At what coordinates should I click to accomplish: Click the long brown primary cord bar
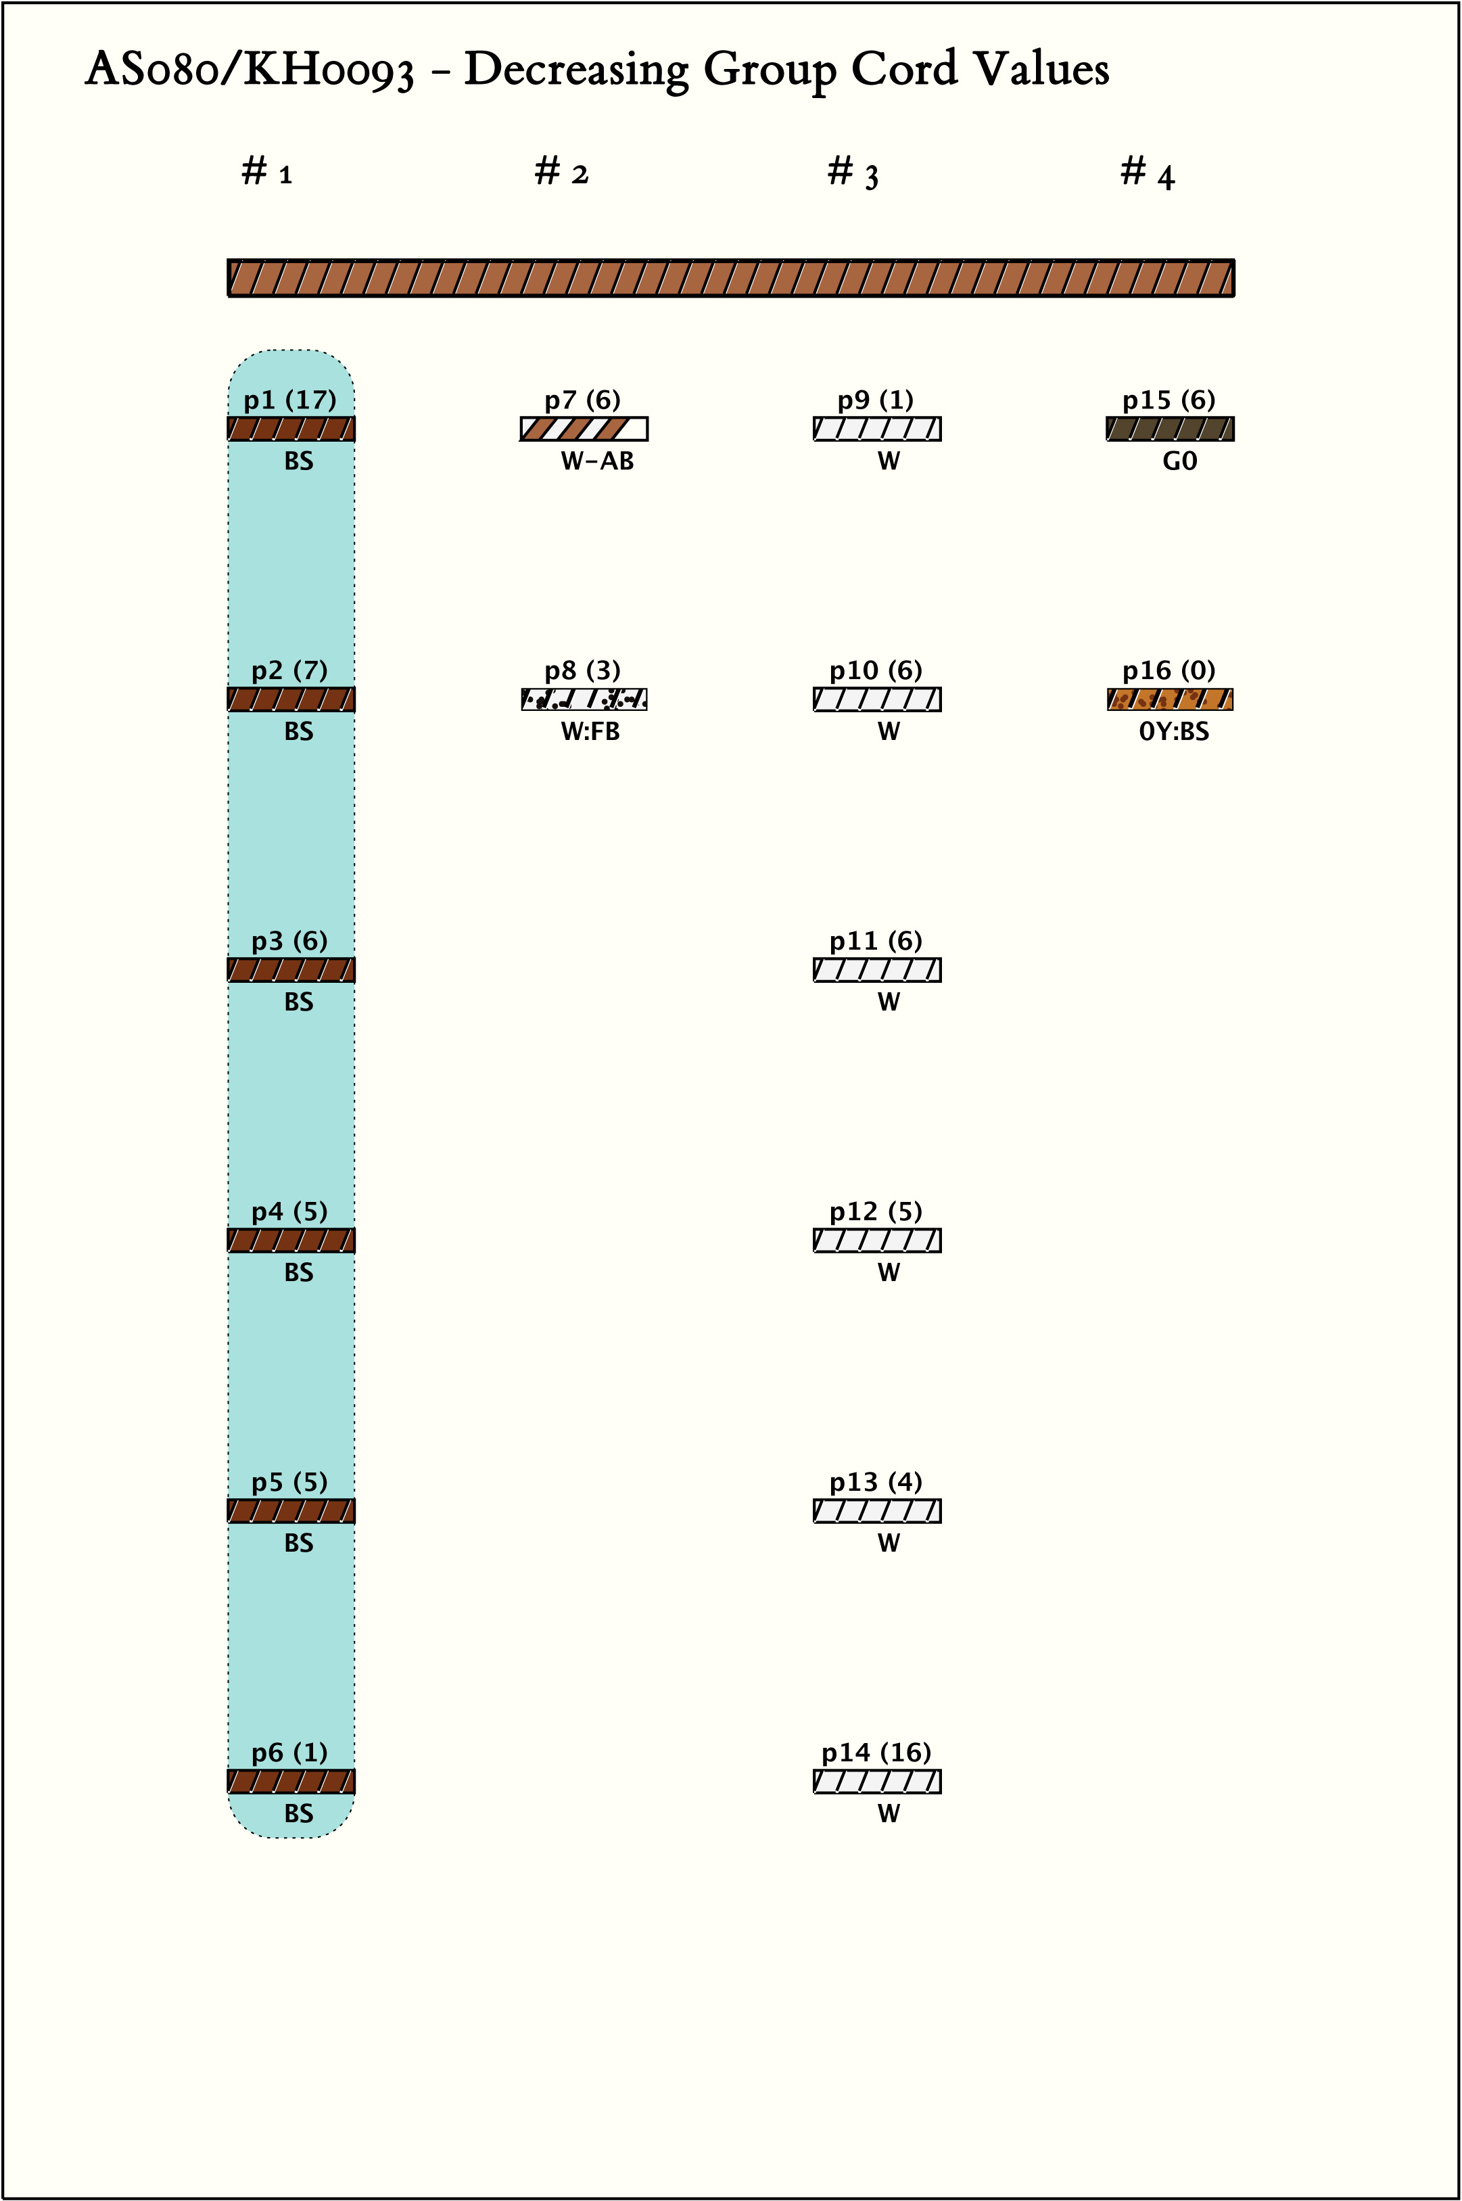point(731,278)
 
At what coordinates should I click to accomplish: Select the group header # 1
point(266,172)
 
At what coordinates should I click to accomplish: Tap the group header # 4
point(1147,172)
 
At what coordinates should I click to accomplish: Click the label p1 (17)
point(290,400)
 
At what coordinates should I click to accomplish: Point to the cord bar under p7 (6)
point(584,429)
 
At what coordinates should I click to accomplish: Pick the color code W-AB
point(596,461)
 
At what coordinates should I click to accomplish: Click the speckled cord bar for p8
point(584,699)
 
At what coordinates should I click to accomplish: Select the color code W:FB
point(590,732)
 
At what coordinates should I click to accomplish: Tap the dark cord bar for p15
point(1169,429)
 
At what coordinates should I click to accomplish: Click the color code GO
point(1179,461)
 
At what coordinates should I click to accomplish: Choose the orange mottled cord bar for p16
point(1169,699)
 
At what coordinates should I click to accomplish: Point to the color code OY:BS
point(1174,732)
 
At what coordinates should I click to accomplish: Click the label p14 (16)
point(876,1753)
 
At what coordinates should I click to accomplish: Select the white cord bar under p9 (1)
point(876,429)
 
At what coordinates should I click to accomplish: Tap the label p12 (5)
point(876,1211)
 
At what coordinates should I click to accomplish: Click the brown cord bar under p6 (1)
point(291,1782)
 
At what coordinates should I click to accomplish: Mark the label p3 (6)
point(290,941)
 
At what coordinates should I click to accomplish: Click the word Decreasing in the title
point(575,70)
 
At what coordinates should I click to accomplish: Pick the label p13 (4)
point(876,1482)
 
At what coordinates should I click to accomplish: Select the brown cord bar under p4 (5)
point(291,1241)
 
